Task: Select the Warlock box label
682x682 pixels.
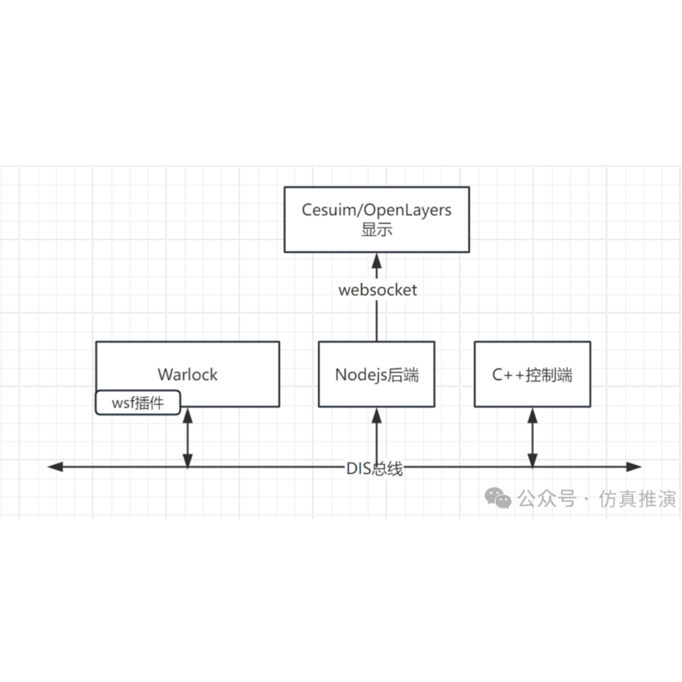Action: point(187,375)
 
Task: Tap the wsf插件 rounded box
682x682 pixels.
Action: point(138,403)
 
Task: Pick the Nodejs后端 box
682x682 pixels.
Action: point(376,375)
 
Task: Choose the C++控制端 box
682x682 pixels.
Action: point(532,375)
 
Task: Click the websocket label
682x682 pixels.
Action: point(377,290)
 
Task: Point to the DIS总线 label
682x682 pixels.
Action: point(374,469)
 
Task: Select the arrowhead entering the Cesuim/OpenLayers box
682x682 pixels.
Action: point(377,260)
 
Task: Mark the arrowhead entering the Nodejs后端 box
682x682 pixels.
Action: point(377,415)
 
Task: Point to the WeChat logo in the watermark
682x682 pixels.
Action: point(498,498)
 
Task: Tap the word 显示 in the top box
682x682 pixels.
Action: point(377,230)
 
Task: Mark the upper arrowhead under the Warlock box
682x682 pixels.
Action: point(188,415)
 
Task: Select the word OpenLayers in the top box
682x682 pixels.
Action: point(408,210)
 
